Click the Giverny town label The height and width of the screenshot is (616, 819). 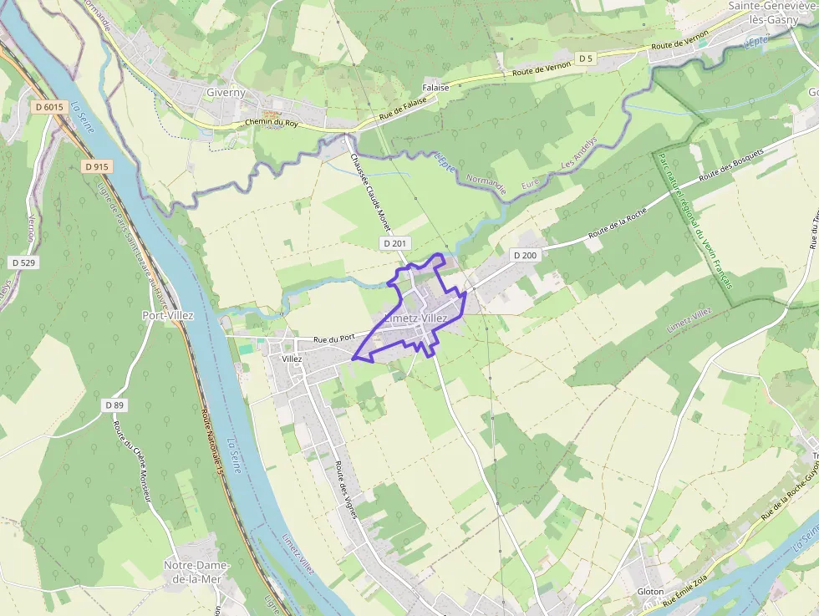(226, 93)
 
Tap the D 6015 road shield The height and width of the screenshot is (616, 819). (50, 107)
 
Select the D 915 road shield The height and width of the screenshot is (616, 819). (97, 166)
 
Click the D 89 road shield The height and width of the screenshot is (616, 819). (114, 405)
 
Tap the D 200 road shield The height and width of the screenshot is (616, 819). (525, 255)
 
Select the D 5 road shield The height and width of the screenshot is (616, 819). (586, 59)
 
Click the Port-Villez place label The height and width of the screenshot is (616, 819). (168, 316)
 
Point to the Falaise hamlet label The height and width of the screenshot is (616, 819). (435, 87)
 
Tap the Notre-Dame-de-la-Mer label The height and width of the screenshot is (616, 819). (196, 571)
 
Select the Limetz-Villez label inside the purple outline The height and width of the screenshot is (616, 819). (416, 318)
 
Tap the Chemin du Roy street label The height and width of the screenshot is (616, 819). (272, 123)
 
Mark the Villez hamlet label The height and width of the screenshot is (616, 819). (292, 359)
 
